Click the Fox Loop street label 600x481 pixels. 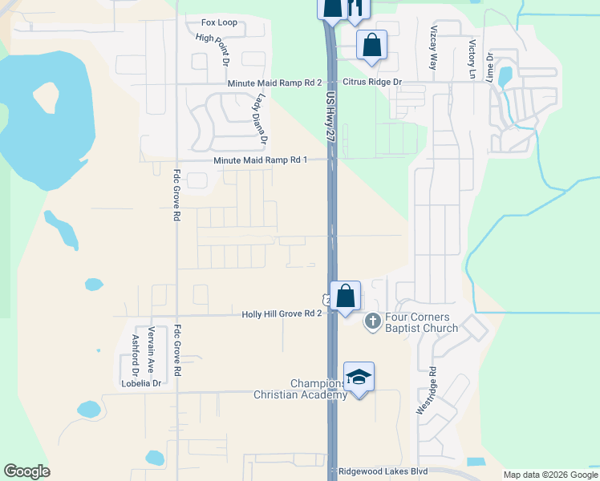[219, 22]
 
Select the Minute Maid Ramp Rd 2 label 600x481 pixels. [274, 83]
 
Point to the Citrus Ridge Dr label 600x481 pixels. [371, 83]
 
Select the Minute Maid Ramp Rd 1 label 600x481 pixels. [261, 160]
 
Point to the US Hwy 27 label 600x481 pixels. [330, 116]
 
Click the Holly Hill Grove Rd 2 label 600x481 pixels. [282, 314]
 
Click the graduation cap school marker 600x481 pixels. [359, 377]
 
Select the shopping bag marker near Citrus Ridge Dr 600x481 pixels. [371, 45]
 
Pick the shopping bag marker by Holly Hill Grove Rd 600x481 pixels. [345, 296]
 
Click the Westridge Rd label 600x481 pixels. [424, 390]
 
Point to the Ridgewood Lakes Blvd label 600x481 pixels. [383, 471]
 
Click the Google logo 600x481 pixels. [26, 471]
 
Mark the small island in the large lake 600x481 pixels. [45, 98]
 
